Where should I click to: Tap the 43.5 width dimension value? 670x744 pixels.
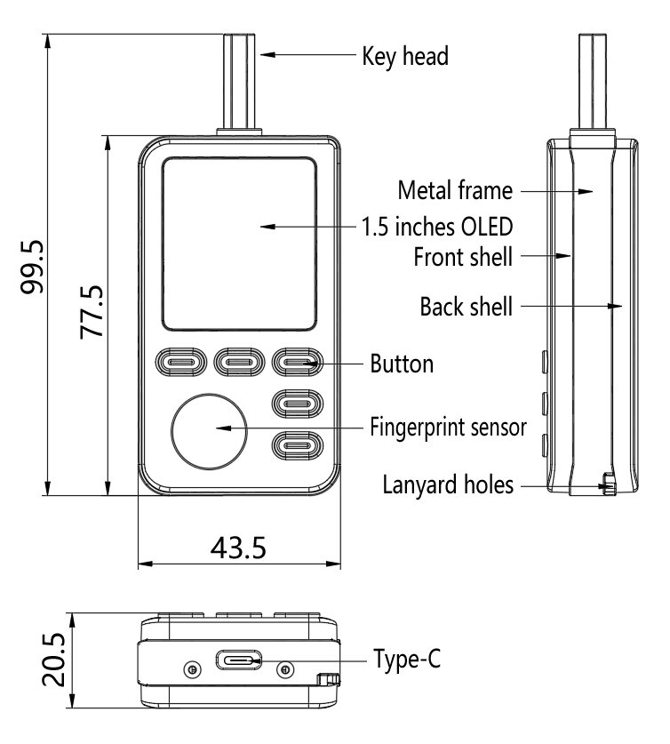[238, 547]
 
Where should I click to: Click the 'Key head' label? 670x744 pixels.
[405, 57]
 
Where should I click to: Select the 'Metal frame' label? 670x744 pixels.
[455, 190]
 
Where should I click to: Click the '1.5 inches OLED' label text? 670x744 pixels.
[438, 226]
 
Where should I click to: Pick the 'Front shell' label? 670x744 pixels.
[463, 258]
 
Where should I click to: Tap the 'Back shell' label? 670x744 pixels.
[467, 308]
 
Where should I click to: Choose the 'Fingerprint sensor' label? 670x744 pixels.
[448, 427]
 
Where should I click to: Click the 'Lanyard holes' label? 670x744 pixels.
[448, 485]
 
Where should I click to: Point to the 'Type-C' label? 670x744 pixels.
[407, 660]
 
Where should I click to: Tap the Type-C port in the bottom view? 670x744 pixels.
[238, 662]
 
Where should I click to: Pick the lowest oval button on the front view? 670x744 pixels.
[296, 443]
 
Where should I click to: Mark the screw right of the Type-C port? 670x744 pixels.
[284, 668]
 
